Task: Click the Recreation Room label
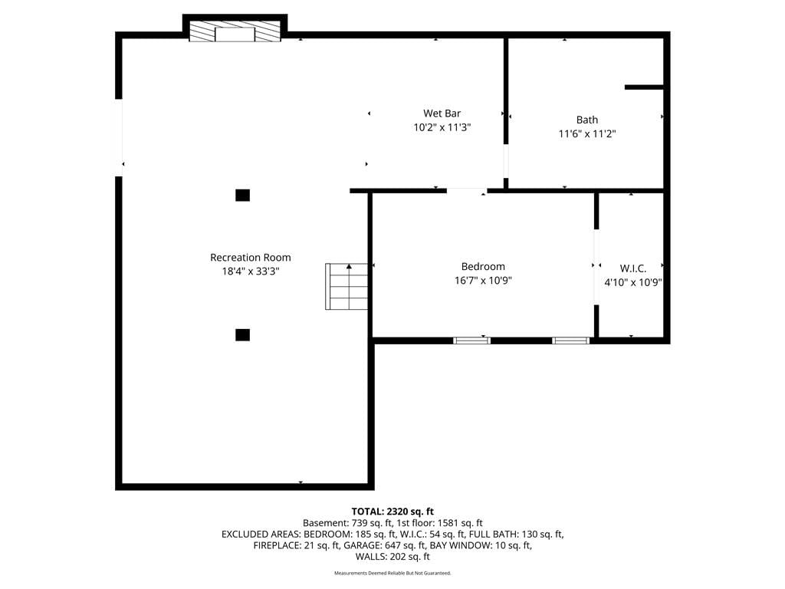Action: click(251, 258)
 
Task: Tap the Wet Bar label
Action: click(442, 114)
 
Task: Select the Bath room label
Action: click(586, 120)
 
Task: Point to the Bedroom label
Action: click(483, 266)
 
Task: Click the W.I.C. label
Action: click(632, 268)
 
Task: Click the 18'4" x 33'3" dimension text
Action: click(251, 271)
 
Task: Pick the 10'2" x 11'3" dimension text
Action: click(442, 127)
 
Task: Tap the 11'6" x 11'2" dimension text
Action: click(586, 133)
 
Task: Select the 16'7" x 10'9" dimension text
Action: click(483, 281)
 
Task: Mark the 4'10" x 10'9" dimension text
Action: click(632, 282)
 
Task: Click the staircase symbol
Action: click(347, 287)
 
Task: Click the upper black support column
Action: click(243, 196)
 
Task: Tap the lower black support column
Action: click(243, 335)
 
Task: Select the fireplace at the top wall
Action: click(235, 31)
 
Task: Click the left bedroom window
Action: click(471, 341)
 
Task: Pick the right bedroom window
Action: click(570, 341)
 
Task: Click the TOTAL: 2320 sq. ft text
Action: click(392, 512)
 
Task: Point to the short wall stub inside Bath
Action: click(644, 87)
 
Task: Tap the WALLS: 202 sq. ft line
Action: click(392, 557)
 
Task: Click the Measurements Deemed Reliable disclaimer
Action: click(392, 573)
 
